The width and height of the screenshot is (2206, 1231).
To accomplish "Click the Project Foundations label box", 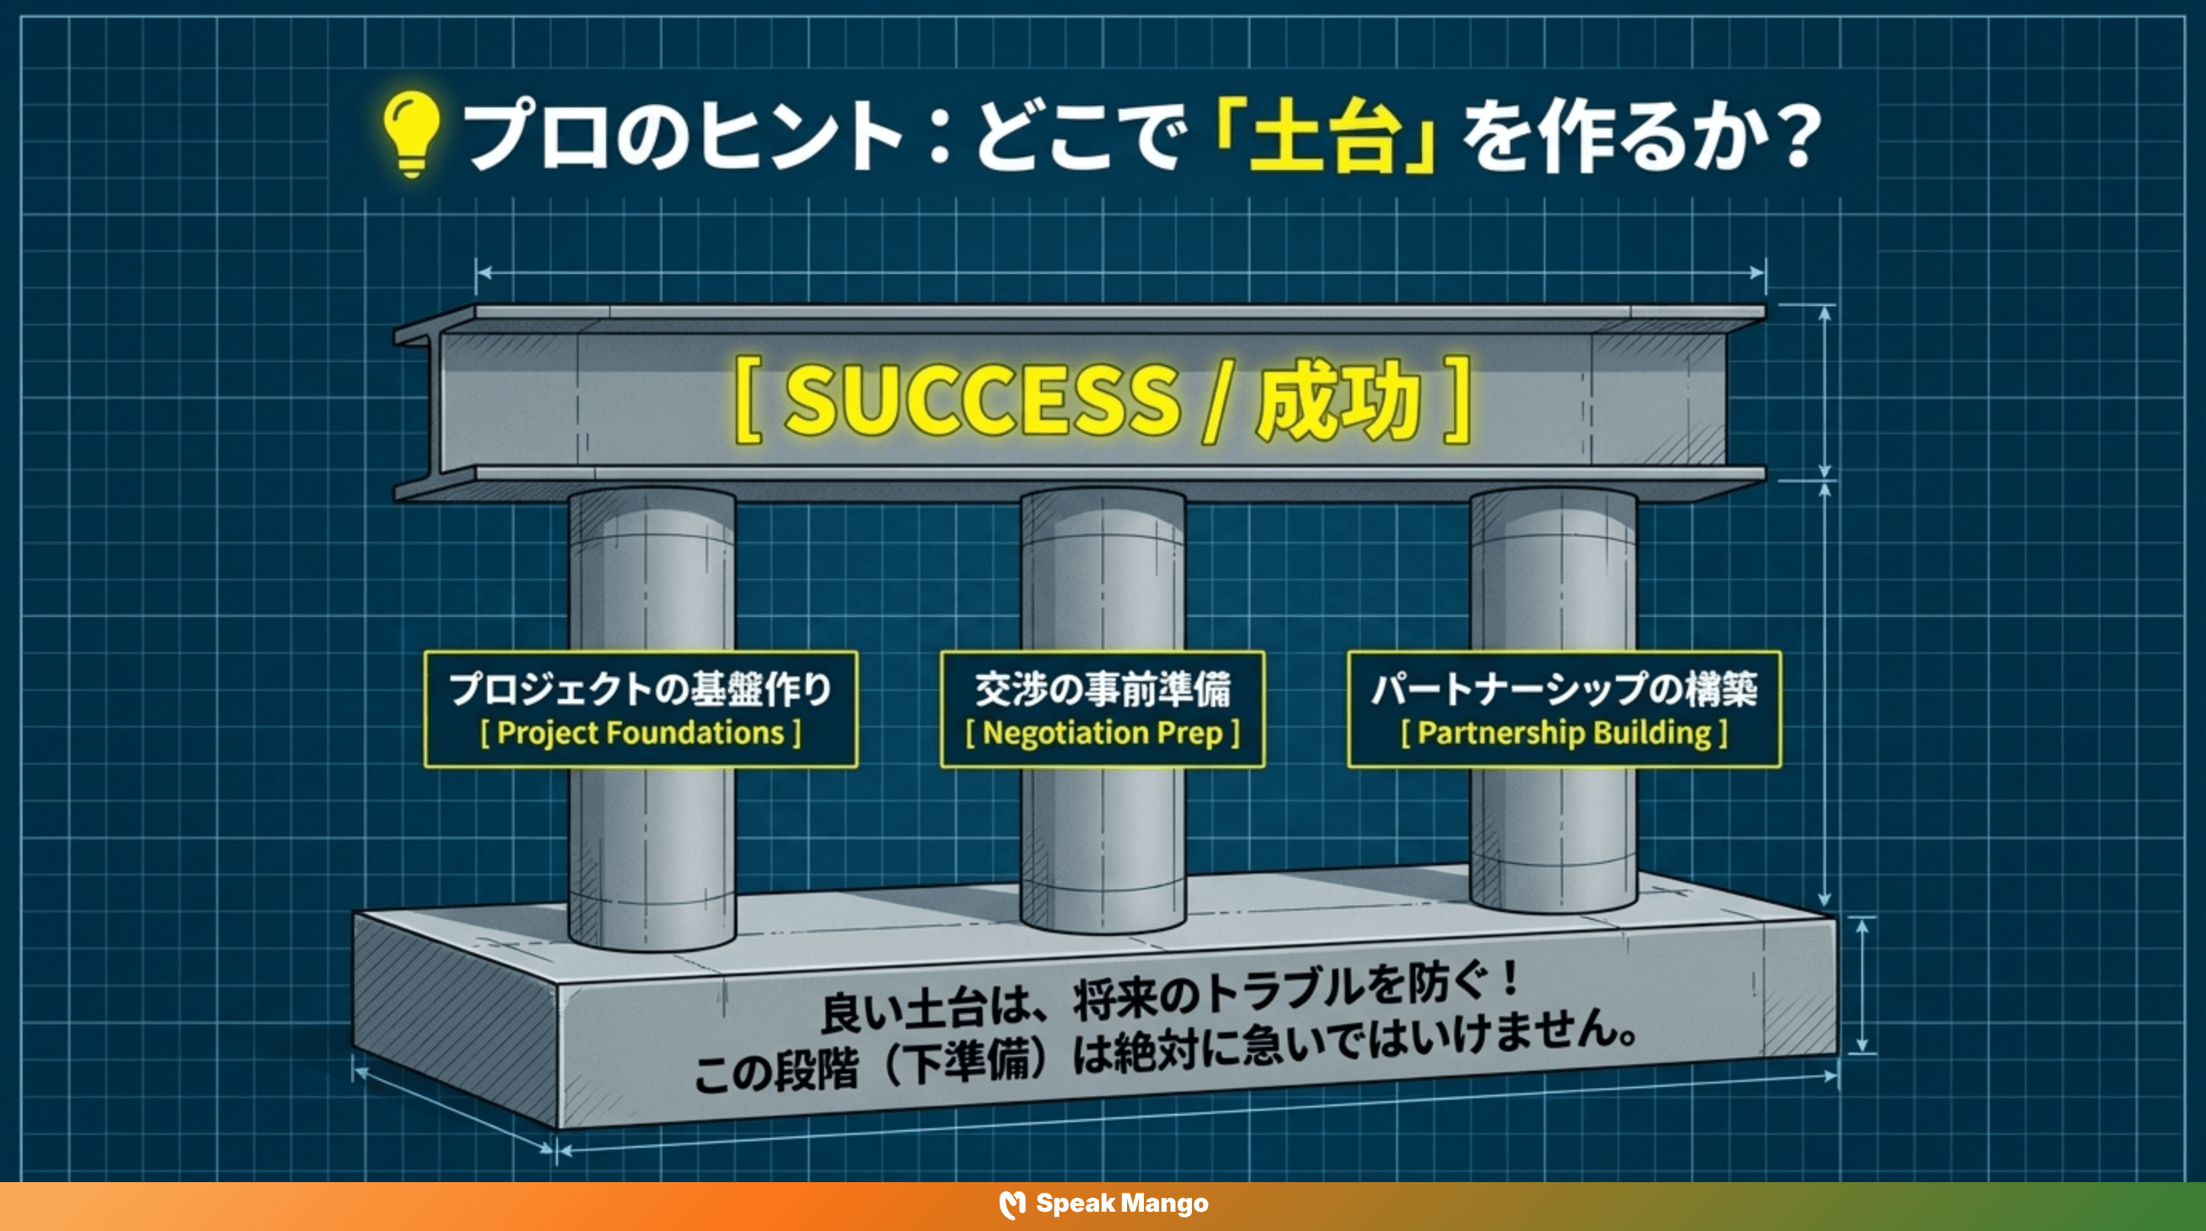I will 640,708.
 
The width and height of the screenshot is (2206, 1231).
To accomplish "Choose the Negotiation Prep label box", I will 1102,708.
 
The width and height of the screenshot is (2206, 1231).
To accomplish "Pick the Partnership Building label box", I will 1564,708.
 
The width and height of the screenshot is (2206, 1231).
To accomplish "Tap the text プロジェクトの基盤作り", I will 640,689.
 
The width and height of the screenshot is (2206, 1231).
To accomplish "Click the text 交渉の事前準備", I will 1102,689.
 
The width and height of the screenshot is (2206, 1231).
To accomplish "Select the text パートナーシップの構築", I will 1564,689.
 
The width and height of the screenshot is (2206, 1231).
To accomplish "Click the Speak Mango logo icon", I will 1012,1205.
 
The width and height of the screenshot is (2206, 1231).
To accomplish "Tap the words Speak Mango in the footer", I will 1122,1204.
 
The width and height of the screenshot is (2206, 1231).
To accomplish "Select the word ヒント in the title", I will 801,137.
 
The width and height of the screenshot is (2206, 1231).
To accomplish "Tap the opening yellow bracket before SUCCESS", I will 748,401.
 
